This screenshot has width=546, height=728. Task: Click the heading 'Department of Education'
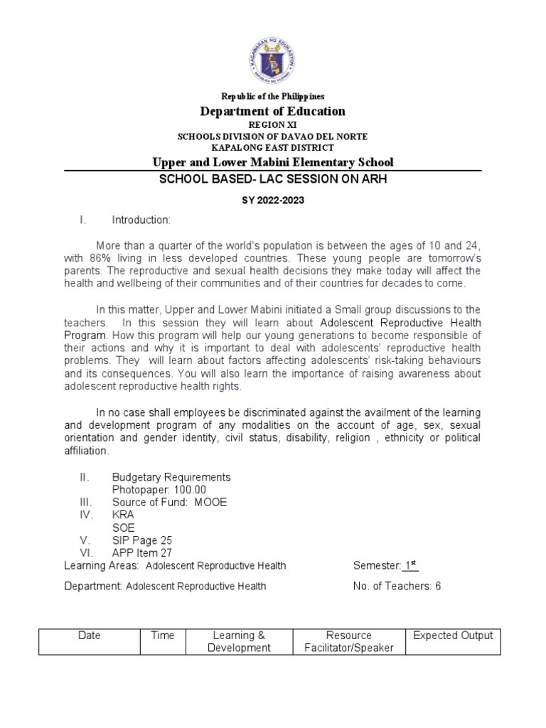click(x=273, y=111)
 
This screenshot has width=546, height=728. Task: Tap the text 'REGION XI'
click(x=273, y=124)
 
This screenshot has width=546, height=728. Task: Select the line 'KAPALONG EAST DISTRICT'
click(x=273, y=148)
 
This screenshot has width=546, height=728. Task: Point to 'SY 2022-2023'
click(x=273, y=200)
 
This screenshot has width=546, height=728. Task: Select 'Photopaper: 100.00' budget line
click(x=159, y=490)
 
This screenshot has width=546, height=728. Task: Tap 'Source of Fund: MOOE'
click(x=169, y=502)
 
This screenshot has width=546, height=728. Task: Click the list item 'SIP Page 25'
click(x=142, y=540)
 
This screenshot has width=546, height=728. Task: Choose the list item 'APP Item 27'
click(x=142, y=553)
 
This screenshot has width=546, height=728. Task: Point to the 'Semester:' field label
click(x=377, y=566)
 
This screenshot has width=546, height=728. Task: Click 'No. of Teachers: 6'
click(x=397, y=587)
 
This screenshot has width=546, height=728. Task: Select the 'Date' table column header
click(x=89, y=636)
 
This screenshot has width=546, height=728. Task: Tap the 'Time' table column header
click(x=162, y=636)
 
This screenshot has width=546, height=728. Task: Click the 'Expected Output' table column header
click(x=453, y=636)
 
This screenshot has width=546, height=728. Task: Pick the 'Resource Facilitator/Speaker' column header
click(x=348, y=642)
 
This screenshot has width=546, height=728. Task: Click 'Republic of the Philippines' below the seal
click(x=273, y=96)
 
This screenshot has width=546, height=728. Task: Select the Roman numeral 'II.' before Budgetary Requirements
click(x=85, y=477)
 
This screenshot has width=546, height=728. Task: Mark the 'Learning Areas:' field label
click(x=102, y=566)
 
